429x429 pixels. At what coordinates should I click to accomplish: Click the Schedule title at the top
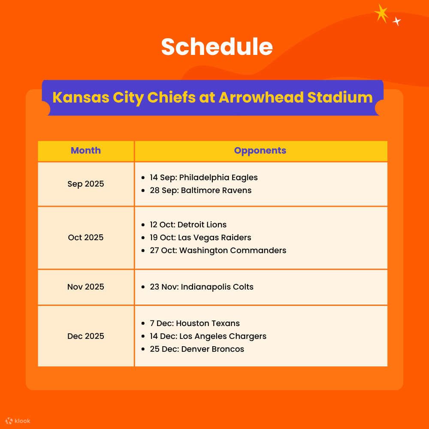[217, 47]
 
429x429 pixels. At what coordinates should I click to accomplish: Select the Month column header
[86, 151]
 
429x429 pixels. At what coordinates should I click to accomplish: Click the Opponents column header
[260, 151]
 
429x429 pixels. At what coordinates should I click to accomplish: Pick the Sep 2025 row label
[86, 184]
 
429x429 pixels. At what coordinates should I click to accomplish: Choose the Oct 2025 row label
[86, 238]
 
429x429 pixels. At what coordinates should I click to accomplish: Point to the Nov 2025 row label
[86, 287]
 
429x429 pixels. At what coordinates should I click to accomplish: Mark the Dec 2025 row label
[86, 336]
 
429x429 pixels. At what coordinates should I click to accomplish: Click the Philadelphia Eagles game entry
[203, 178]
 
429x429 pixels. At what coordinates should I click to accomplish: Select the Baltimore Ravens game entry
[200, 190]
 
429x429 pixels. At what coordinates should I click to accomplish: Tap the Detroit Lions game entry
[188, 225]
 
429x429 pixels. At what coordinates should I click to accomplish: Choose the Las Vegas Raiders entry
[200, 238]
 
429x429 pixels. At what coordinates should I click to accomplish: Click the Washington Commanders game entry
[218, 251]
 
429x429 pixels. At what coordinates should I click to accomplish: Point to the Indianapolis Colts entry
[201, 287]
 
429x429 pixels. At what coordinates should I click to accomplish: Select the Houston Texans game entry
[194, 323]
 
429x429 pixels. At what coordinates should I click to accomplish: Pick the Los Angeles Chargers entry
[208, 336]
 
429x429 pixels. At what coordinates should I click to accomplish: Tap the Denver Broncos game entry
[196, 349]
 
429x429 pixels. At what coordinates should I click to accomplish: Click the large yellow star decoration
[381, 13]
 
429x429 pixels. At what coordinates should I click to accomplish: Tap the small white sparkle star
[397, 21]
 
